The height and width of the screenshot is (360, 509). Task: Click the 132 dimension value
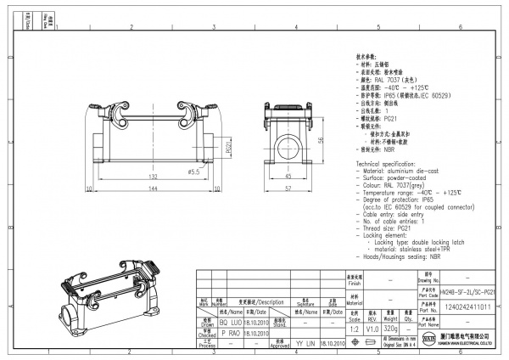point(154,176)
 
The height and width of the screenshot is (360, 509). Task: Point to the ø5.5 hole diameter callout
point(193,172)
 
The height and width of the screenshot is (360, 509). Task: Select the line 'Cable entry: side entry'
point(396,217)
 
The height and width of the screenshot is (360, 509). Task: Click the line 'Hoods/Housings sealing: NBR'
point(406,256)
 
